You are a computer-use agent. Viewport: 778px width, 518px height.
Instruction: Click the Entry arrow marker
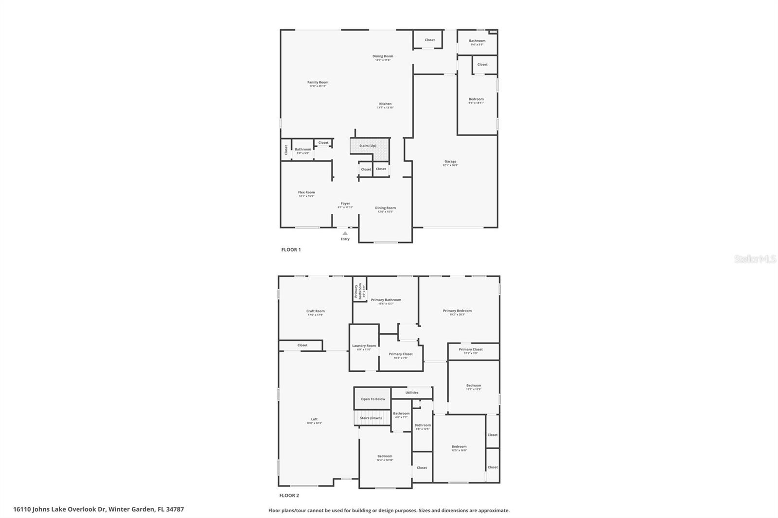click(x=345, y=233)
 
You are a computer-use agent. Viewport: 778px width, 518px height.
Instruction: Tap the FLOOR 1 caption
click(x=291, y=250)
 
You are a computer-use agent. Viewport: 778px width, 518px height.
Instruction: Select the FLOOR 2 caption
click(x=289, y=496)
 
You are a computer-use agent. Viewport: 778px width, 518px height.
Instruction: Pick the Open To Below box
click(x=373, y=399)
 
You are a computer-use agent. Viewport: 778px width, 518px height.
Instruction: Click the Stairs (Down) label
click(x=371, y=418)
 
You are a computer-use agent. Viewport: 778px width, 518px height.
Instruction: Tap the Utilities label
click(x=412, y=393)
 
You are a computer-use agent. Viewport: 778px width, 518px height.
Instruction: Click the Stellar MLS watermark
click(x=755, y=259)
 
